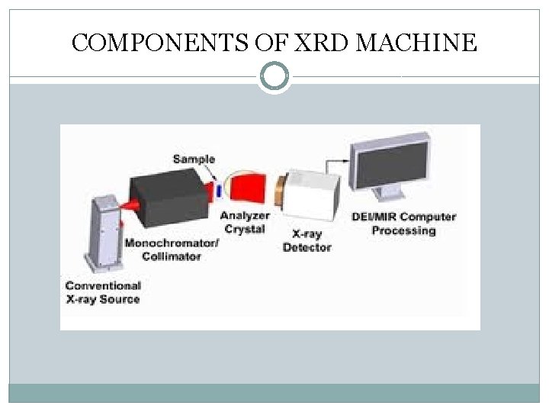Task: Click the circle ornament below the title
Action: click(274, 76)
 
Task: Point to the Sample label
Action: click(194, 159)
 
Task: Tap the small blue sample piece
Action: click(218, 189)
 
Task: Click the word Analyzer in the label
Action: click(245, 216)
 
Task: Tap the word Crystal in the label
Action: click(245, 229)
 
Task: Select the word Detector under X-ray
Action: click(307, 247)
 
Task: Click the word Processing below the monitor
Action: click(404, 230)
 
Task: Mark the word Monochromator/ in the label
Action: click(172, 243)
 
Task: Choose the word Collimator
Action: click(172, 256)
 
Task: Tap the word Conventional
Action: click(103, 285)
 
